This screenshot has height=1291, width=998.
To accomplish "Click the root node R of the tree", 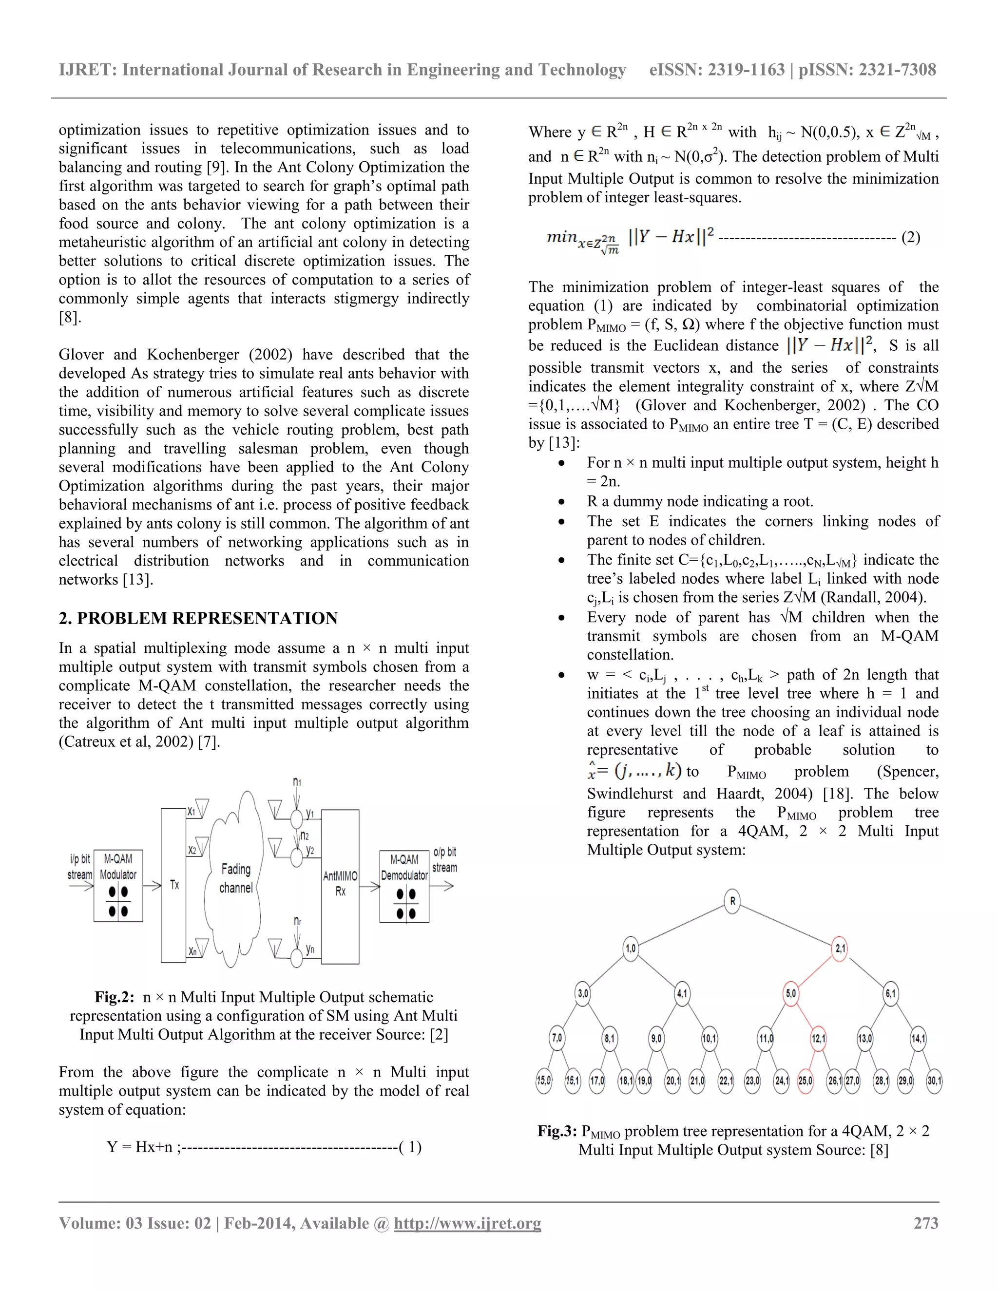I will pyautogui.click(x=732, y=901).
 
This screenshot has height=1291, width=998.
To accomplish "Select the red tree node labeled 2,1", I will pyautogui.click(x=840, y=949).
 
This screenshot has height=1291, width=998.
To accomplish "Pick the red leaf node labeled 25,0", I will pyautogui.click(x=805, y=1081).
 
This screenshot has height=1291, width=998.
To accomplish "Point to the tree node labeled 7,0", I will pyautogui.click(x=557, y=1038).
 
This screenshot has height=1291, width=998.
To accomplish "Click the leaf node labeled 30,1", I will pyautogui.click(x=934, y=1081).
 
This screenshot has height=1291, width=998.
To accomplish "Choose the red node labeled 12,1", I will pyautogui.click(x=818, y=1038).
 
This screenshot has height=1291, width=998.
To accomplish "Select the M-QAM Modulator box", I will pyautogui.click(x=118, y=886).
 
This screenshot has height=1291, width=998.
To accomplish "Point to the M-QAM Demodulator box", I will pyautogui.click(x=404, y=886).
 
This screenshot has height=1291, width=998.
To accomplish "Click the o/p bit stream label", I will pyautogui.click(x=444, y=859).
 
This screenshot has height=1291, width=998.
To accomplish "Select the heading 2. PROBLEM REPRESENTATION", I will pyautogui.click(x=198, y=618).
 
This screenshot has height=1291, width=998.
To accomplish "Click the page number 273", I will pyautogui.click(x=926, y=1223).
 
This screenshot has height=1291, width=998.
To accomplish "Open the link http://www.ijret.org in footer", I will pyautogui.click(x=467, y=1223).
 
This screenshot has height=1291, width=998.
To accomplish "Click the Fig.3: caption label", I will pyautogui.click(x=557, y=1131).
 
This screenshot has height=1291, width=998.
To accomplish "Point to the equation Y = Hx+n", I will pyautogui.click(x=139, y=1147).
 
